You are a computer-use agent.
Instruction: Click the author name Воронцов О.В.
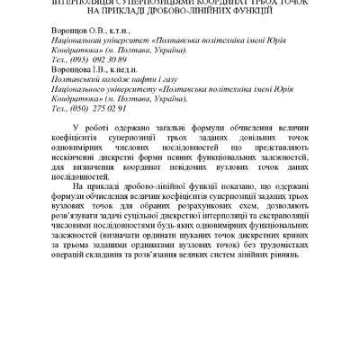tap(75, 31)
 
